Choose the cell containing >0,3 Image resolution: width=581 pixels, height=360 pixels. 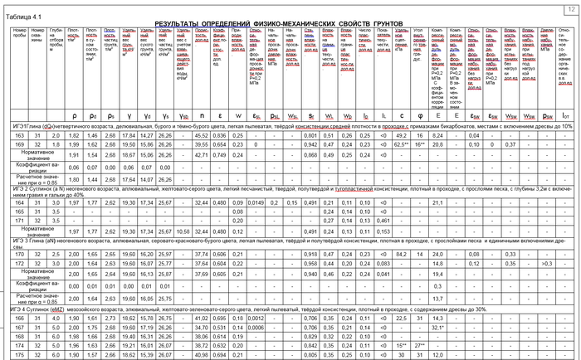tap(546, 263)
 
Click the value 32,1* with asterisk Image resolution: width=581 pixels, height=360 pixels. tap(438, 328)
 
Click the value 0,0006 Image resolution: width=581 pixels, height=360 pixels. tap(256, 328)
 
